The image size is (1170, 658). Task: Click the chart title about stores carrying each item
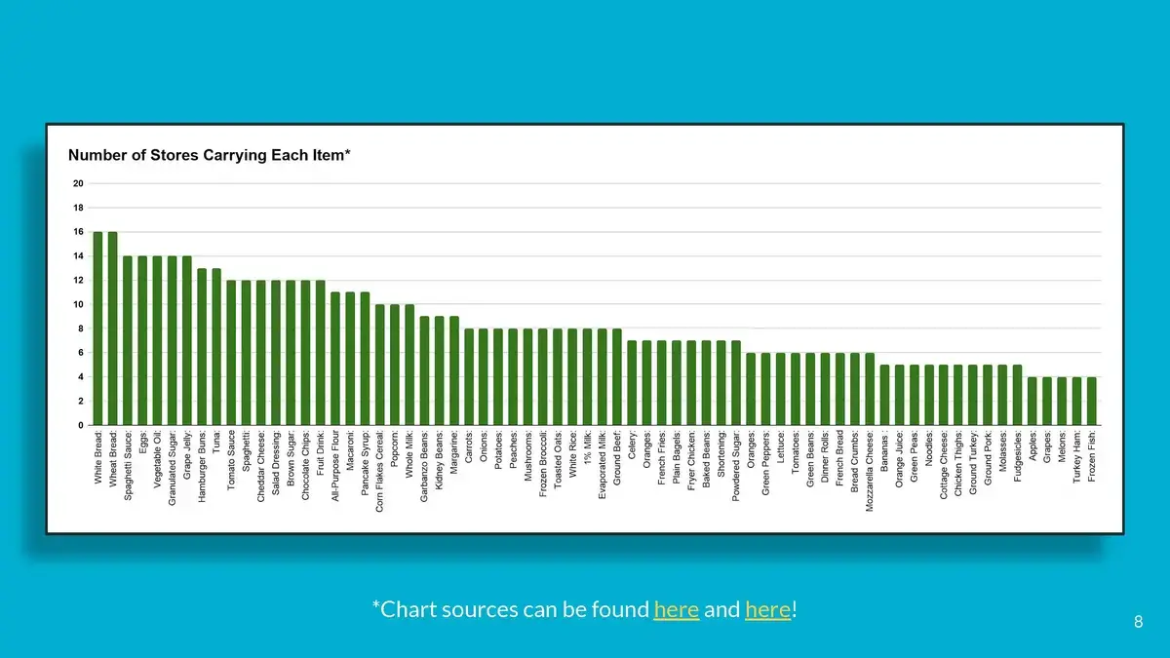tap(209, 155)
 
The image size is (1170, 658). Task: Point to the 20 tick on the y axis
tap(77, 183)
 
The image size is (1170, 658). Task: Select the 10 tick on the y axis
tap(77, 304)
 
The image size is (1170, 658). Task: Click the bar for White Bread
tap(97, 329)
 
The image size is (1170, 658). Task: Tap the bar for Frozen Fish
tap(1091, 401)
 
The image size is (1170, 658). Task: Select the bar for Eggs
tap(142, 340)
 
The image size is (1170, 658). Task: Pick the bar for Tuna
tap(216, 346)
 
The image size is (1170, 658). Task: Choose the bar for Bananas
tap(884, 395)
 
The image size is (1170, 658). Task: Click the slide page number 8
tap(1138, 622)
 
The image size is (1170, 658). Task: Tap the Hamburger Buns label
tap(202, 466)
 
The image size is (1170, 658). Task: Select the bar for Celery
tap(632, 383)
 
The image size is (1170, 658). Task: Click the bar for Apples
tap(1033, 401)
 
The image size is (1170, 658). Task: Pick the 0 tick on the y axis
tap(80, 425)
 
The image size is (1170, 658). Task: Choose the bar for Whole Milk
tap(409, 365)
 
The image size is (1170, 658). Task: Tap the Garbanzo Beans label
tap(425, 467)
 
